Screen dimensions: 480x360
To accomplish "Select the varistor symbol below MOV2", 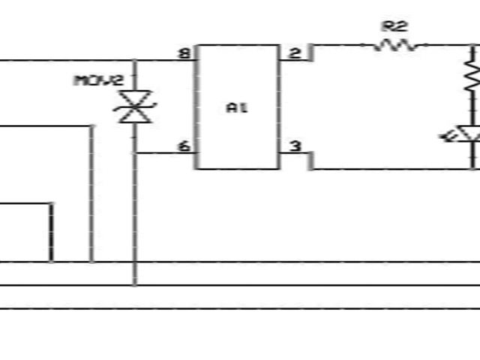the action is [x=134, y=107].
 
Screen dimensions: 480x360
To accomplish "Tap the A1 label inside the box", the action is [x=237, y=107].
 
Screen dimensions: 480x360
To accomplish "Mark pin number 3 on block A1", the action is [x=295, y=146].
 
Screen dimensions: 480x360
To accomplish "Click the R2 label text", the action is [x=394, y=26].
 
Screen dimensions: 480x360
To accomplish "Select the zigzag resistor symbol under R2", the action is [x=395, y=45].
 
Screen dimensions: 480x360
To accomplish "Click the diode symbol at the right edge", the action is [x=471, y=136].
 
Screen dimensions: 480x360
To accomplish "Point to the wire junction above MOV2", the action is [x=135, y=60].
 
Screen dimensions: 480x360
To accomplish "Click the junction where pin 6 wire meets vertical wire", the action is [x=135, y=153].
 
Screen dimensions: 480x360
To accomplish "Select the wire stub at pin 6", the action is [x=165, y=153].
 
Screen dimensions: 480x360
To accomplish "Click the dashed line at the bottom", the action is [x=240, y=308].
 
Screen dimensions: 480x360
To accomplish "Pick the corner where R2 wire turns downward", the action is [x=472, y=46].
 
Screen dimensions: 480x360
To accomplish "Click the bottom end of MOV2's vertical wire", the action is [x=135, y=284].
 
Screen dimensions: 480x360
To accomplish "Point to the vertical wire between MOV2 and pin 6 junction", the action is [x=135, y=139].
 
